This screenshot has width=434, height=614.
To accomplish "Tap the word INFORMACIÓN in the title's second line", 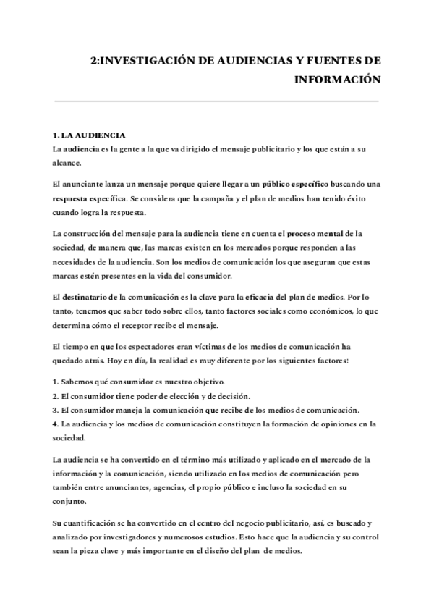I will [x=336, y=79].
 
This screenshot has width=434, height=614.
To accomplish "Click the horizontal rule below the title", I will [x=217, y=101].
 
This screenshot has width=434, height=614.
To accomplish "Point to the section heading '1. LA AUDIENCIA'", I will [x=90, y=135].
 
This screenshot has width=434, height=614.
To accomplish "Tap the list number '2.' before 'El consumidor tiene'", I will [x=56, y=395].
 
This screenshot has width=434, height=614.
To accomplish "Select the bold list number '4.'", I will [x=56, y=423].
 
